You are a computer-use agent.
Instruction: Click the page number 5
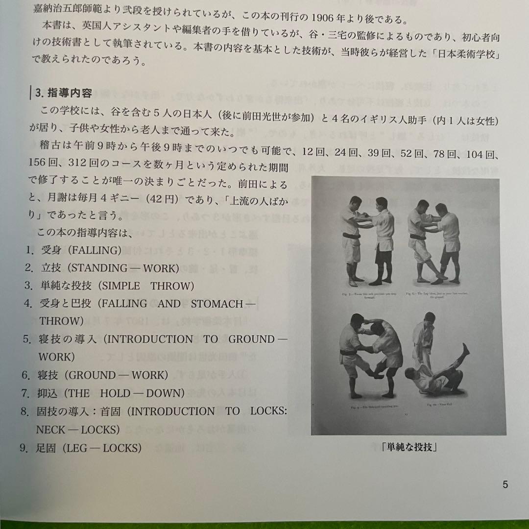click(505, 485)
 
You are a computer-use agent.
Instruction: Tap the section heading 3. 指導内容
click(63, 92)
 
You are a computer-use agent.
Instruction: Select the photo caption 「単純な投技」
click(408, 447)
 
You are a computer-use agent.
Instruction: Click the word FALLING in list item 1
click(95, 250)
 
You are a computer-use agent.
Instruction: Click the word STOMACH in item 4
click(217, 303)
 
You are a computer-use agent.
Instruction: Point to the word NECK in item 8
click(53, 429)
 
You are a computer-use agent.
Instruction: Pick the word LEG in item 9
click(77, 448)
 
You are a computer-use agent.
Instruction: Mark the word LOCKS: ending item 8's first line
click(267, 411)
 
